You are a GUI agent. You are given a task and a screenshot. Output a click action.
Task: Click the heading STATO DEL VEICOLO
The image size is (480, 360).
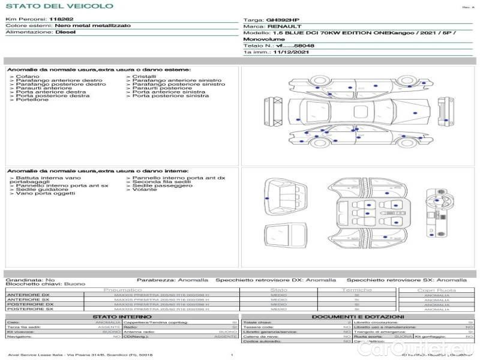coord(59,6)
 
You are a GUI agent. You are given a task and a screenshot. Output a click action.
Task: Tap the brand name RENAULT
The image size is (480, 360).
coord(282,26)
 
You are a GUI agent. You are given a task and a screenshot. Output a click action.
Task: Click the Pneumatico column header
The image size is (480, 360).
coord(122,290)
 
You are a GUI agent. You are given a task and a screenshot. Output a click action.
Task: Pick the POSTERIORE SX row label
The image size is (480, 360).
coord(29,310)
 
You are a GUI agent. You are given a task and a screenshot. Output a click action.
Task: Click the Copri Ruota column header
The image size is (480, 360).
coord(436,290)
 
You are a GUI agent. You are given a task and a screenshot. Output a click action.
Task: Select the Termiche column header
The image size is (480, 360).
coord(357,290)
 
